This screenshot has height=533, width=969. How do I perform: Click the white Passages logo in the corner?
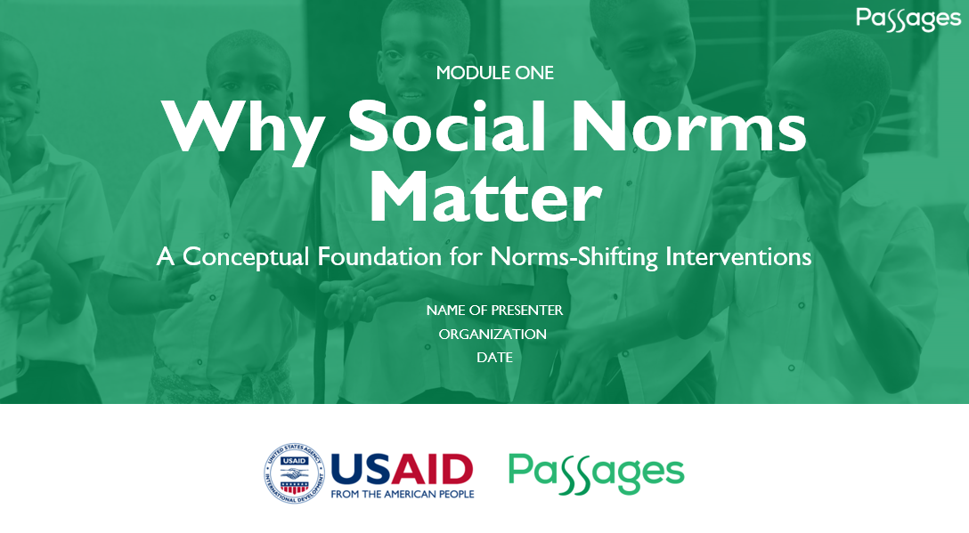pos(908,19)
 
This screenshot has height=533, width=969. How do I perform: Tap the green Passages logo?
pos(597,473)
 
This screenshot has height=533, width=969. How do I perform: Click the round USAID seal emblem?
pos(294,473)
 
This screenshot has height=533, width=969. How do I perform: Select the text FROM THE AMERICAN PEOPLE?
pos(403,494)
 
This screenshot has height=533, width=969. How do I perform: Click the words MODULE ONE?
pos(495,73)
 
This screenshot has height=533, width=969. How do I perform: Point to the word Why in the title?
pos(243,126)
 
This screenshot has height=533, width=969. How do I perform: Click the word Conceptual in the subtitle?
pos(245,257)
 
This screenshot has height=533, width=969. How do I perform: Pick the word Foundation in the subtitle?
pos(379,256)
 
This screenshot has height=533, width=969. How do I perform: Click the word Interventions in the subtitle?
pos(738,256)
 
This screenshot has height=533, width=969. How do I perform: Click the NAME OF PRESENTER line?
pos(494,310)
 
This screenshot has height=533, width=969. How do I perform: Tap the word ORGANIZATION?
pos(493,335)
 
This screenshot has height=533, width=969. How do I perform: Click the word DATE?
pos(494,358)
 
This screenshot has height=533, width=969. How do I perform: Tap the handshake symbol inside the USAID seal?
pos(294,473)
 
